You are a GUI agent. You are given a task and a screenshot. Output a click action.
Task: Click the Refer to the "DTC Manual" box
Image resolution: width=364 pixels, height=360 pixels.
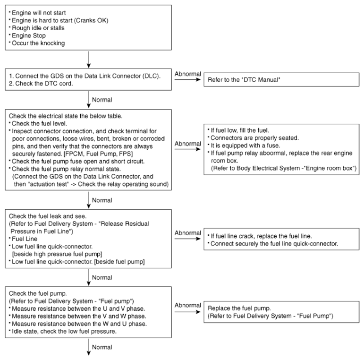[x=281, y=80]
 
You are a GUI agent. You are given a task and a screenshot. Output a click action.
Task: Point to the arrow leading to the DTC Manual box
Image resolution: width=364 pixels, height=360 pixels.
[x=187, y=80]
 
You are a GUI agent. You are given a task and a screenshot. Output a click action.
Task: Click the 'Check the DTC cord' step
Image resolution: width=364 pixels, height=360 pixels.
[x=41, y=83]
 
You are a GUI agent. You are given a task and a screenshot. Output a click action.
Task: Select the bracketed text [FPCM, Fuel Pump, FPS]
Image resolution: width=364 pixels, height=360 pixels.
[x=98, y=154]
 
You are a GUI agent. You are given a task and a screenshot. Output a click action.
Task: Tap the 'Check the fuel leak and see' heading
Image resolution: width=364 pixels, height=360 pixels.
[x=48, y=216]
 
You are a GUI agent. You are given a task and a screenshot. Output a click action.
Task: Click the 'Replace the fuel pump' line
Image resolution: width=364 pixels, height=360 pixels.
[x=239, y=308]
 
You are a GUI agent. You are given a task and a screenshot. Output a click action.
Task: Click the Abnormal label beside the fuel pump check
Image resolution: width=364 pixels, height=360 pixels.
[x=188, y=305]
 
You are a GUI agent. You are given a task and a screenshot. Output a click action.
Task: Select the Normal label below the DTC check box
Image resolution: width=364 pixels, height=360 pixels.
[x=102, y=100]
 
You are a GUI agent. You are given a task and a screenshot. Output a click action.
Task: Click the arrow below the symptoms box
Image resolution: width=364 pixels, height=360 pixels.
[x=89, y=60]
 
